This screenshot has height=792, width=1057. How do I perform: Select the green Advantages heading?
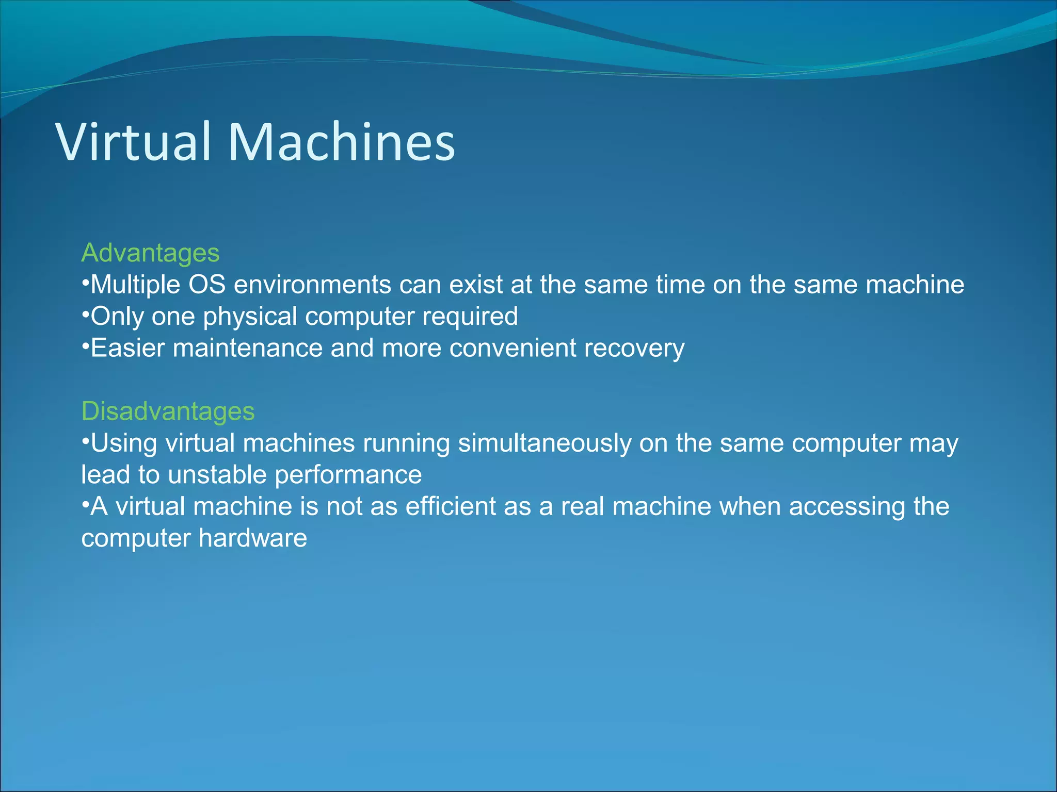[150, 253]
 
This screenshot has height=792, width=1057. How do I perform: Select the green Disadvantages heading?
[168, 411]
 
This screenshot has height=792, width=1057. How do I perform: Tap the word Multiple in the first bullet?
[135, 285]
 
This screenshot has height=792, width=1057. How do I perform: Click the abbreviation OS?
[207, 285]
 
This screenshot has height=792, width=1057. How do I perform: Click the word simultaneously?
[544, 443]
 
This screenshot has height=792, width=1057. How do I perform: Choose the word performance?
[348, 475]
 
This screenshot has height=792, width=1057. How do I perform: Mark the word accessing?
[846, 506]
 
